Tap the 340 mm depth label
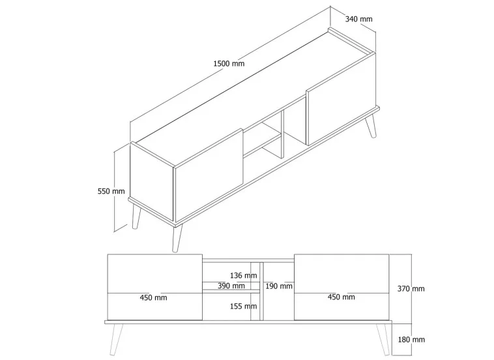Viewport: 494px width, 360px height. tap(358, 19)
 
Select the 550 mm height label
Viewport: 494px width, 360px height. tap(111, 191)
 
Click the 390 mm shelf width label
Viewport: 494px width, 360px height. tap(231, 286)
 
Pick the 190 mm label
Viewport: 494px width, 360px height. tap(279, 286)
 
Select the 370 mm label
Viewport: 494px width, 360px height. tap(411, 288)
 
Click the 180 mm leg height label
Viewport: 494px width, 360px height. tap(411, 339)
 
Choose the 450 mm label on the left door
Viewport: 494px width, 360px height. tap(154, 297)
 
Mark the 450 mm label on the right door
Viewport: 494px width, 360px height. tap(341, 297)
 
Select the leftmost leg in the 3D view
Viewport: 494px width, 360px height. tap(136, 217)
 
